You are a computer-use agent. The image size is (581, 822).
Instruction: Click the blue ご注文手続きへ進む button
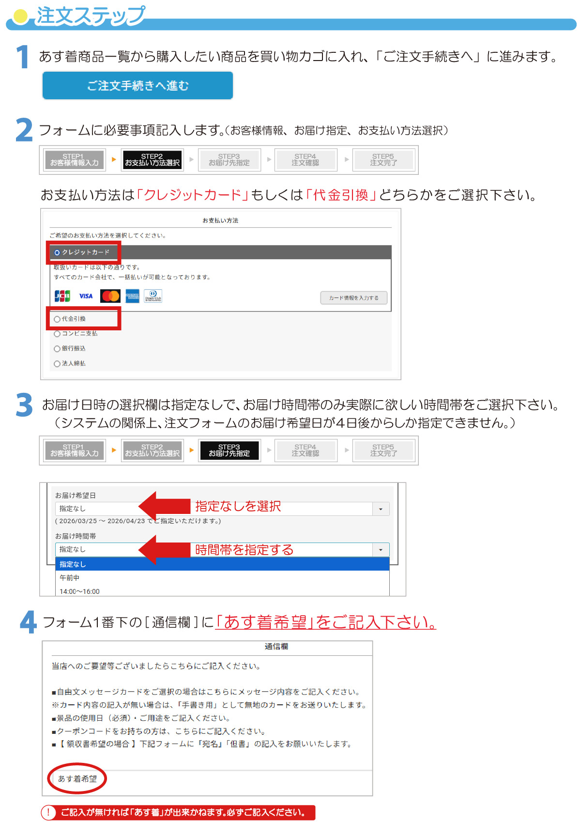coord(138,86)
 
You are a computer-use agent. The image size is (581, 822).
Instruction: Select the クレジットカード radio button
coord(57,252)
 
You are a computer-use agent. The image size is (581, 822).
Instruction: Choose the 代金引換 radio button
coord(57,319)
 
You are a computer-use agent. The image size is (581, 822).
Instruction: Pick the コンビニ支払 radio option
coord(57,334)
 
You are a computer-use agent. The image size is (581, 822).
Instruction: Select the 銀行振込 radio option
coord(57,349)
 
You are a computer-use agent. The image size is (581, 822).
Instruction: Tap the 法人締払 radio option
coord(57,364)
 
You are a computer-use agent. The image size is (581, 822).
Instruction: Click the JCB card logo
coord(62,296)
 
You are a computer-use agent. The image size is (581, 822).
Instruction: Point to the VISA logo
coord(86,296)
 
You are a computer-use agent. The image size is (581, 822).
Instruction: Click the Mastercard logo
coord(110,296)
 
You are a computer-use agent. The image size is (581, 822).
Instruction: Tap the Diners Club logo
coord(153,296)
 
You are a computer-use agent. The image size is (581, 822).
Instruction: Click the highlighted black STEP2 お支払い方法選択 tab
coord(152,160)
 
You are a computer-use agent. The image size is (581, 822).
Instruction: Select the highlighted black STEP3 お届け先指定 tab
coord(229,450)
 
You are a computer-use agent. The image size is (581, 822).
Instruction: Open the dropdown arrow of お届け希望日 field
coord(381,509)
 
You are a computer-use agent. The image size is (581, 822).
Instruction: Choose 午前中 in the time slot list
coord(69,577)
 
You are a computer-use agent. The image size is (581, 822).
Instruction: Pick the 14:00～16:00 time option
coord(79,591)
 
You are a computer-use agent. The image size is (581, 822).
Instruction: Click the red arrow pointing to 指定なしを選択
coord(164,506)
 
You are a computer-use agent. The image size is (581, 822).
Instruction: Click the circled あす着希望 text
coord(77,778)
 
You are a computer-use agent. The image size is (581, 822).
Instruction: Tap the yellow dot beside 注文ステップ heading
coord(20,16)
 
